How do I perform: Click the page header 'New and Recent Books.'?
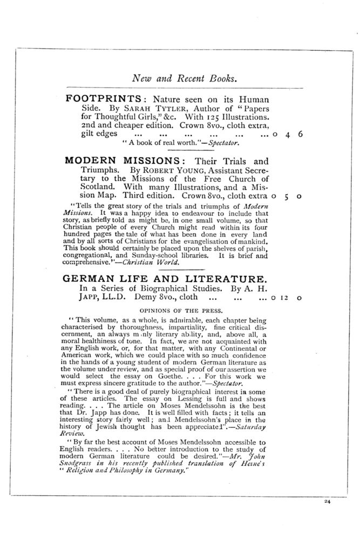pyautogui.click(x=185, y=78)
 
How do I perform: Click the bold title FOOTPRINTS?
pyautogui.click(x=103, y=99)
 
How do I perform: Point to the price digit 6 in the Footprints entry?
pyautogui.click(x=299, y=135)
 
